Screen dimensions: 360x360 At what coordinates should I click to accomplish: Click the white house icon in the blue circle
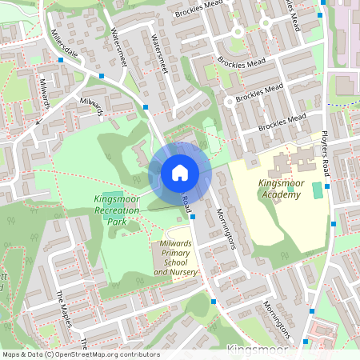click(180, 172)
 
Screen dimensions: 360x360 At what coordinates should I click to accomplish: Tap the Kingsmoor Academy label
click(281, 188)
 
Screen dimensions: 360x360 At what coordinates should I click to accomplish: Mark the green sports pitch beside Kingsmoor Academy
click(318, 190)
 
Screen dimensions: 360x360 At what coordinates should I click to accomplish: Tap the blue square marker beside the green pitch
click(328, 186)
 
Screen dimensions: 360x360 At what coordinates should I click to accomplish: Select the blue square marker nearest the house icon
click(193, 216)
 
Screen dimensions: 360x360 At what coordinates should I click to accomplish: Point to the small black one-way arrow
click(38, 122)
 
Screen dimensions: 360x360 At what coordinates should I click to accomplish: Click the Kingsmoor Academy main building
click(285, 166)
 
